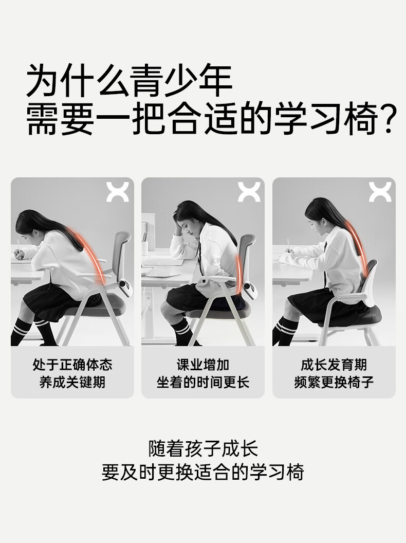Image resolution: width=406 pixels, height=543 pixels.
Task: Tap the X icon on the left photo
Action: [117, 192]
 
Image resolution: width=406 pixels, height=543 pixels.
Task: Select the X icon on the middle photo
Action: [249, 192]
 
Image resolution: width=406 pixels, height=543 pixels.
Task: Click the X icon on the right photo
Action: [380, 192]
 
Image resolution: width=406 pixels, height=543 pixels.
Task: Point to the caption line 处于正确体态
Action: [72, 365]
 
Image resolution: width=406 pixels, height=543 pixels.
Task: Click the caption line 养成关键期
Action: [72, 383]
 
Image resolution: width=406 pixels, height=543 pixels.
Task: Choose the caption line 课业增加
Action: [203, 365]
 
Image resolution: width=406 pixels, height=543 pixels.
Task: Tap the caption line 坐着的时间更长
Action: [203, 383]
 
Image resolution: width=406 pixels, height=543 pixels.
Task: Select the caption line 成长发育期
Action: [334, 365]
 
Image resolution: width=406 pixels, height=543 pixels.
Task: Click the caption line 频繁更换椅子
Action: [334, 383]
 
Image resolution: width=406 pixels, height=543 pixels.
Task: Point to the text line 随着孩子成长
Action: [203, 448]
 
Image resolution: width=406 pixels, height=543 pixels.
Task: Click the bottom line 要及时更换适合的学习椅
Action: [203, 472]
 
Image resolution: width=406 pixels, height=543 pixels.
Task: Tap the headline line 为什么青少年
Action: [130, 80]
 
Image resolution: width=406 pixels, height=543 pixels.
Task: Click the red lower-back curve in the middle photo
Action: [238, 274]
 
